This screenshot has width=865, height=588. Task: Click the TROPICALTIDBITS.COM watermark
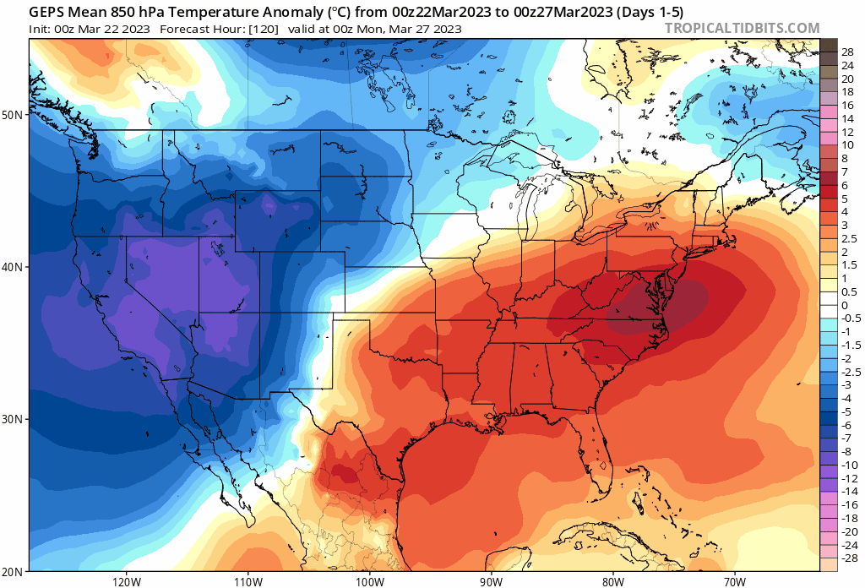(x=742, y=28)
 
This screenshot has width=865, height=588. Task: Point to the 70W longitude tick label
(x=733, y=581)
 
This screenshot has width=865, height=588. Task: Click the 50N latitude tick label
(x=14, y=115)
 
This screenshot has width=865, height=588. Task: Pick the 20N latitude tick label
(x=14, y=571)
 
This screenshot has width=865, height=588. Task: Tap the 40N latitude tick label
(x=14, y=267)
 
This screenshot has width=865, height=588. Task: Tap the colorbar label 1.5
(x=847, y=265)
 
